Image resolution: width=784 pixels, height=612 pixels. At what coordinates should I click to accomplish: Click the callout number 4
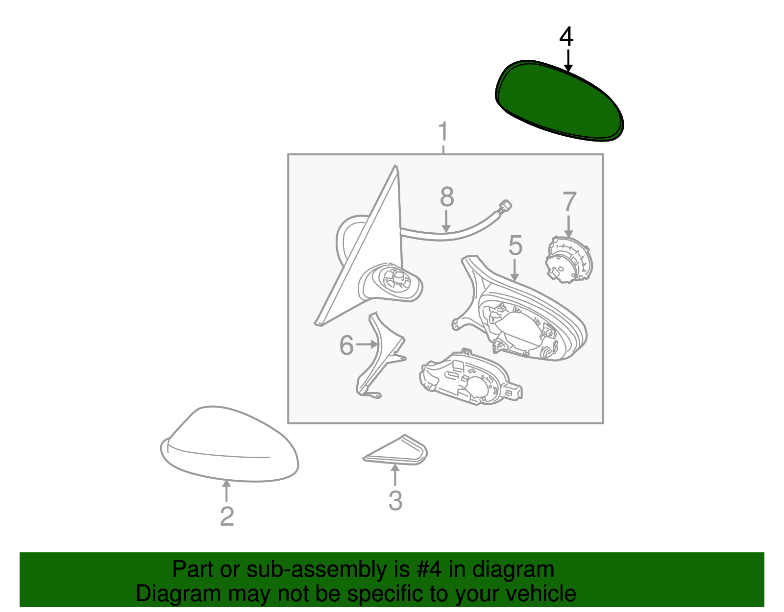(x=566, y=37)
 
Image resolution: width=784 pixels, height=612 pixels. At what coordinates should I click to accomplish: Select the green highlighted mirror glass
(x=559, y=100)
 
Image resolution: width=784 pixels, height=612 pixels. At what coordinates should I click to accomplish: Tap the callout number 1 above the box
(x=443, y=131)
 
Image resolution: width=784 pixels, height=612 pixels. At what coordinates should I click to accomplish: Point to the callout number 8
(x=447, y=197)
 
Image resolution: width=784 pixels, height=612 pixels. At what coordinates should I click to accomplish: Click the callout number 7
(x=569, y=202)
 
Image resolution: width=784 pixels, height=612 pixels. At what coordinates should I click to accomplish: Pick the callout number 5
(x=515, y=245)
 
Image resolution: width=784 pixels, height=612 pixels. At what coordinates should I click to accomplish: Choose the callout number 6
(x=346, y=345)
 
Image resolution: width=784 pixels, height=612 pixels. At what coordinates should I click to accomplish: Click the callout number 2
(x=227, y=516)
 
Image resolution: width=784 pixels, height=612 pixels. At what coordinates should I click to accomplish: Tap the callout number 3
(x=395, y=500)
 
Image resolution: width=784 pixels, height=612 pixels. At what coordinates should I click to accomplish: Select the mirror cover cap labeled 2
(x=229, y=444)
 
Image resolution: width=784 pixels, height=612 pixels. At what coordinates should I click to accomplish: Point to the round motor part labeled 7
(x=568, y=259)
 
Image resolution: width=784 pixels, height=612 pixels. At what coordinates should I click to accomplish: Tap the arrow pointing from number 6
(x=367, y=345)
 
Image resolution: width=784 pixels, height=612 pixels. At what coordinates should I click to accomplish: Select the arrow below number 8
(x=446, y=221)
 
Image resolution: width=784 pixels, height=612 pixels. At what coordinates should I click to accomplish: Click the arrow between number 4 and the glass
(x=568, y=61)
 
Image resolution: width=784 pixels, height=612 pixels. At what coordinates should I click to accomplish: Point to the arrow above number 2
(x=226, y=491)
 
